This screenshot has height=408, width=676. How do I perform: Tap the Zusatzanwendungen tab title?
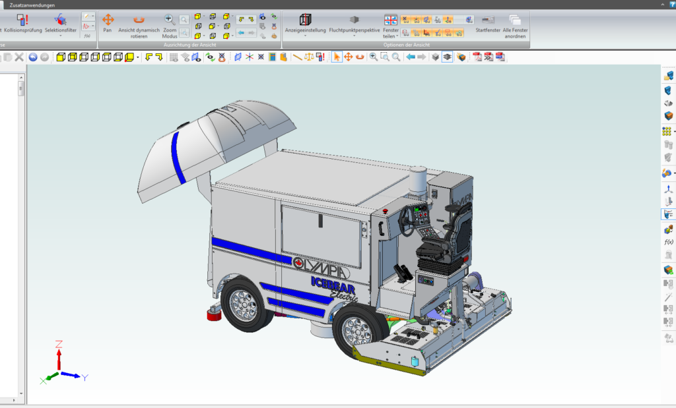coord(32,5)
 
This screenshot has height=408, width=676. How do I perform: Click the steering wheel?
coord(406,220)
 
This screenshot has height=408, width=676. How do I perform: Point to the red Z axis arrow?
coord(59,357)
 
